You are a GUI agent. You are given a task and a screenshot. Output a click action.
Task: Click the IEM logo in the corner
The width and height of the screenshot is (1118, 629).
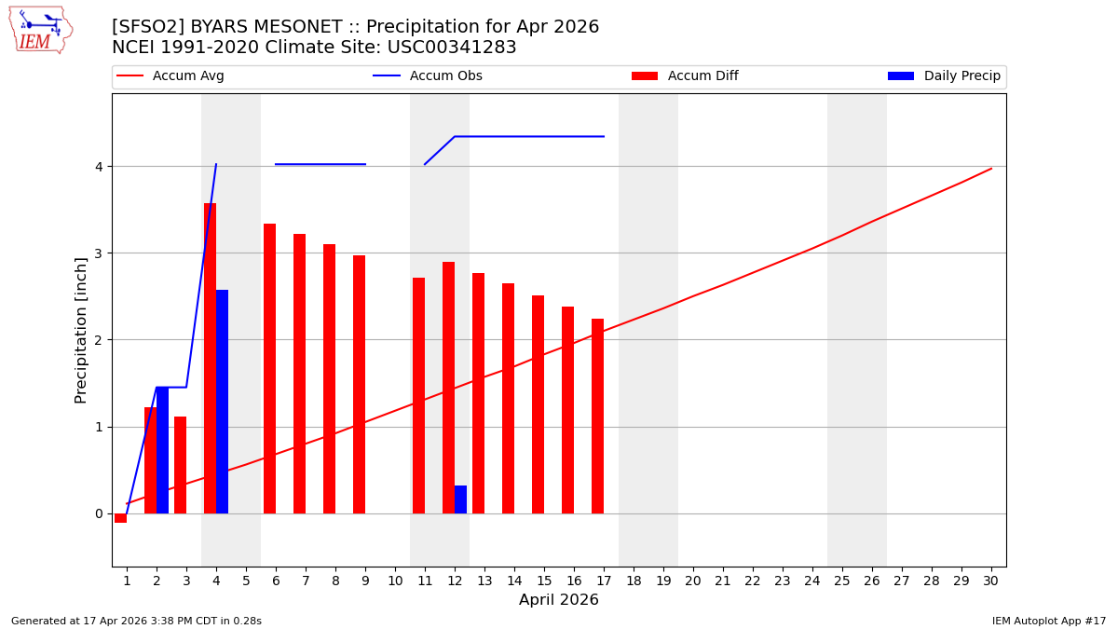coord(40,30)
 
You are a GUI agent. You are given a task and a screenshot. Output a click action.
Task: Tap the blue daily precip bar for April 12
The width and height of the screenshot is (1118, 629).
coord(460,499)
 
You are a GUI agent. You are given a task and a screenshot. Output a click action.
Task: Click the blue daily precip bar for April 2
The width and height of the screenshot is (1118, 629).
coord(162,450)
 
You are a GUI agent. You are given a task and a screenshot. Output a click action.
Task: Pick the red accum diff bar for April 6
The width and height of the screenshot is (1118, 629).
coord(269,368)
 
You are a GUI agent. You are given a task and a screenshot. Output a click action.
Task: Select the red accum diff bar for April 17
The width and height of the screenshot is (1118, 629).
coord(597,416)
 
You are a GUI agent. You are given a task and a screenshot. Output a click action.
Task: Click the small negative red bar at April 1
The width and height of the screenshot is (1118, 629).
coord(120,518)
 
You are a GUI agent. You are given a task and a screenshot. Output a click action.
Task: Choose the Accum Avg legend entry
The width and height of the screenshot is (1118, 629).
coord(171,76)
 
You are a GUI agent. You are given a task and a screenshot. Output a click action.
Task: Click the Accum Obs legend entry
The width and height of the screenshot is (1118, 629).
coord(429,76)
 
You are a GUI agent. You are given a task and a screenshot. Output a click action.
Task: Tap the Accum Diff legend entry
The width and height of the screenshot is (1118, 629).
coord(686,76)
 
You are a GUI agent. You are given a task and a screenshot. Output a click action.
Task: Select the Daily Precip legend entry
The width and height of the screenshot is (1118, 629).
coord(945,76)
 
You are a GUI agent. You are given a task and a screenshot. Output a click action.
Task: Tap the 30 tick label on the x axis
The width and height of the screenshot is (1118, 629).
coord(990,581)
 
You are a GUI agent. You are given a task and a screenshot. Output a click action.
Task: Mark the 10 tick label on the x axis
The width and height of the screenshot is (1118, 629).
coord(394,581)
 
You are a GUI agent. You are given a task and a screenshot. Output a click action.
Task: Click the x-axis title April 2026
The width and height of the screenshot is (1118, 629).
coord(558,600)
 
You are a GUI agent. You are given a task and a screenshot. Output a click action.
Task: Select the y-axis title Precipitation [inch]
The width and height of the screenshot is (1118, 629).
coord(81,330)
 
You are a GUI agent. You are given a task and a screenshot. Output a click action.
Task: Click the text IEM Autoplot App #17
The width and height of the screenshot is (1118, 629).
coord(1049,621)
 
